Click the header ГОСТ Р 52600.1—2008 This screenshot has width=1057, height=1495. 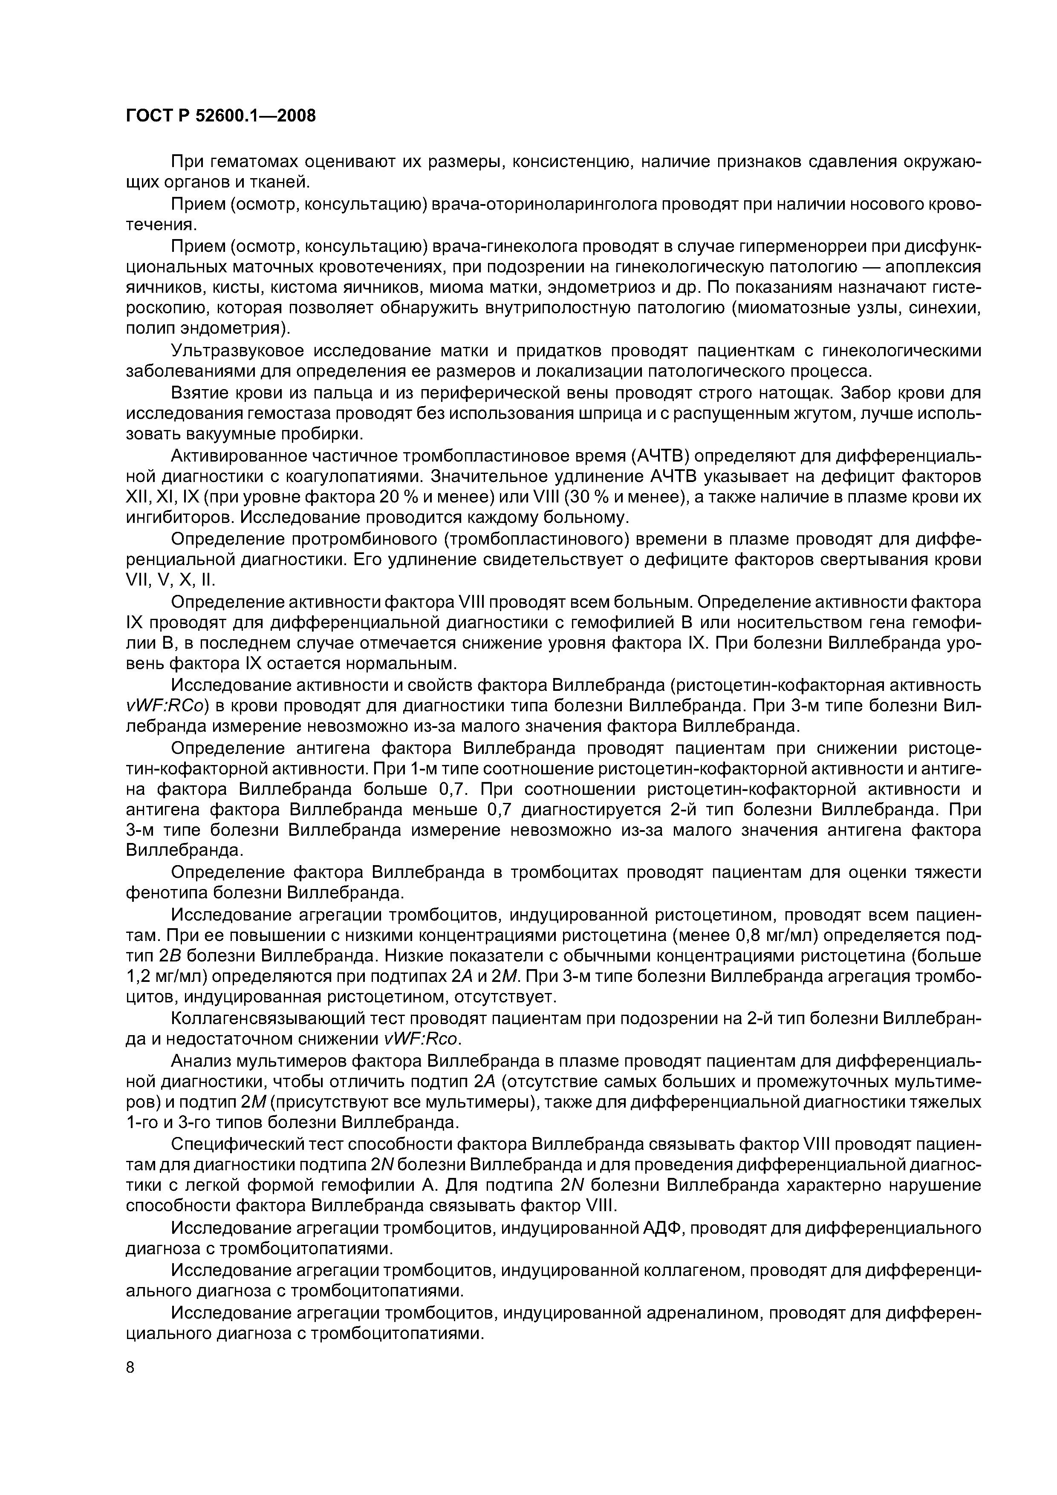tap(220, 116)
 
